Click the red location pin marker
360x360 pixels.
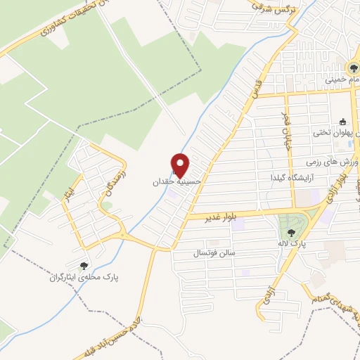tap(181, 165)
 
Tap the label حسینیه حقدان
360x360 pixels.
tap(177, 181)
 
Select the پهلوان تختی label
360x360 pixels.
tap(340, 132)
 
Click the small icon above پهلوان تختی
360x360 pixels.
tap(342, 120)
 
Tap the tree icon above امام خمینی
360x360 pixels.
tap(354, 69)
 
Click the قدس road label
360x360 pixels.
tap(259, 86)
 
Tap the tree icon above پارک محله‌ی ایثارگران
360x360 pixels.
tap(84, 266)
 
